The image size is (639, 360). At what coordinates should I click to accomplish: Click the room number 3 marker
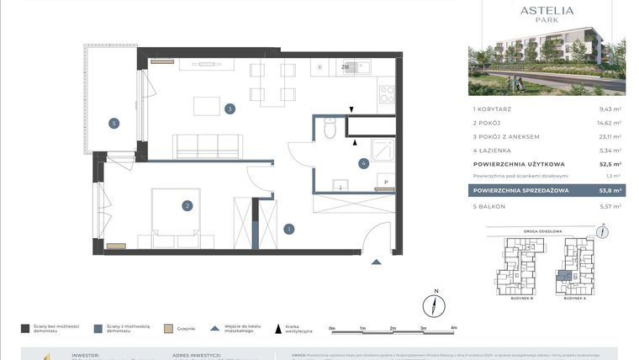(229, 109)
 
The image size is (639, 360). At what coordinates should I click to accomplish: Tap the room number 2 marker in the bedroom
(187, 204)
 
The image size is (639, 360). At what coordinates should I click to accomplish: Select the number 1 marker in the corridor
(289, 228)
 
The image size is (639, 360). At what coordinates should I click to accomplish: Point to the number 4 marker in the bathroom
(363, 164)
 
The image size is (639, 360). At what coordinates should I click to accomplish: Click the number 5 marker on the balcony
(114, 124)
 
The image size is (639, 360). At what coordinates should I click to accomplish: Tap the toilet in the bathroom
(330, 128)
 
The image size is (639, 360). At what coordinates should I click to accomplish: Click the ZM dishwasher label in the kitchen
(345, 67)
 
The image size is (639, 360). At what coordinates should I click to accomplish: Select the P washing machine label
(386, 182)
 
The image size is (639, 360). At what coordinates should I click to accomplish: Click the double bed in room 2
(174, 214)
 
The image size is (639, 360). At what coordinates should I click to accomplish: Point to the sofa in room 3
(207, 146)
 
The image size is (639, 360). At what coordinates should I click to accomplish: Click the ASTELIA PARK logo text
(547, 14)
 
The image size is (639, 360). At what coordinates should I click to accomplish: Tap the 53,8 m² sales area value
(610, 191)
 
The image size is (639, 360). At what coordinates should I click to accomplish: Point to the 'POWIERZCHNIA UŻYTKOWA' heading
(518, 164)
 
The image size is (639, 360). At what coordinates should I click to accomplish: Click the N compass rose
(435, 304)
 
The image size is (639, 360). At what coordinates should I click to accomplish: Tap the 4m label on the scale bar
(453, 328)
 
